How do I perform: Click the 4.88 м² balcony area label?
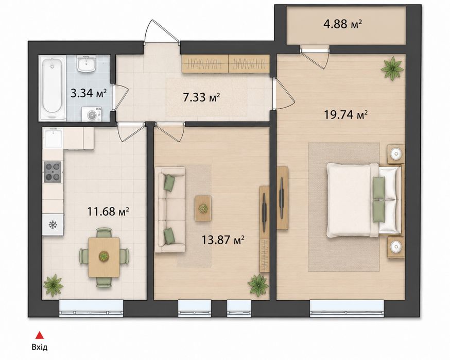pos(342,24)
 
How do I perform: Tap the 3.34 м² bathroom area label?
pos(89,93)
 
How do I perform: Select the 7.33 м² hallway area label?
pos(201,97)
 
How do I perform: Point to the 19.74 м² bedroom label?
pos(346,115)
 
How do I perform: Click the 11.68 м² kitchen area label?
pos(108,212)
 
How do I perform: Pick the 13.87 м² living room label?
pos(223,239)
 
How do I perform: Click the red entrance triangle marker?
pos(39,335)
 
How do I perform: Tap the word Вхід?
pos(40,347)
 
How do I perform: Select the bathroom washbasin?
pos(86,64)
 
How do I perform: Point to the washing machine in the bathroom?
pos(92,114)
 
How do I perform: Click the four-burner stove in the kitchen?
pos(53,172)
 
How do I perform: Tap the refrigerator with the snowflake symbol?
pos(53,225)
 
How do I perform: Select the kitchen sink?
pos(53,138)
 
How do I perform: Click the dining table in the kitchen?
pos(104,257)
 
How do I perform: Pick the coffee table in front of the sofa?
pos(203,209)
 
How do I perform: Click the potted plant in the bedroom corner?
pos(392,69)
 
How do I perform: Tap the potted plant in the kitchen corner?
pos(53,285)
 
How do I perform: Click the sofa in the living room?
pos(170,210)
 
